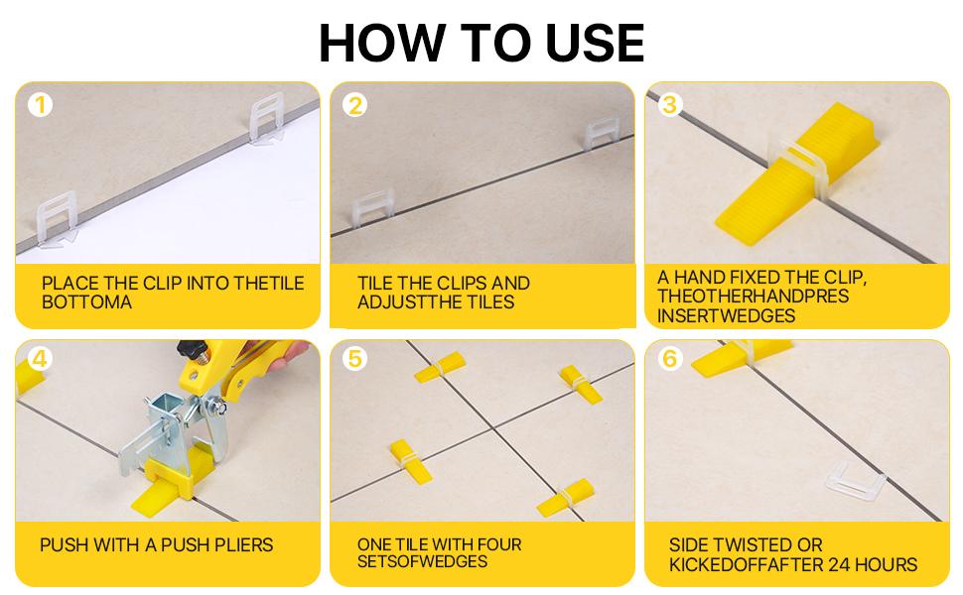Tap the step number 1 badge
[40, 104]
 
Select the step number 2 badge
[354, 105]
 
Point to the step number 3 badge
[669, 104]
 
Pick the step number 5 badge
[354, 359]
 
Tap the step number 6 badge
[669, 359]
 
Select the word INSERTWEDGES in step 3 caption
[725, 315]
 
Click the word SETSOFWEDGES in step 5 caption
[422, 561]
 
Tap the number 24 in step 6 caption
[836, 565]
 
